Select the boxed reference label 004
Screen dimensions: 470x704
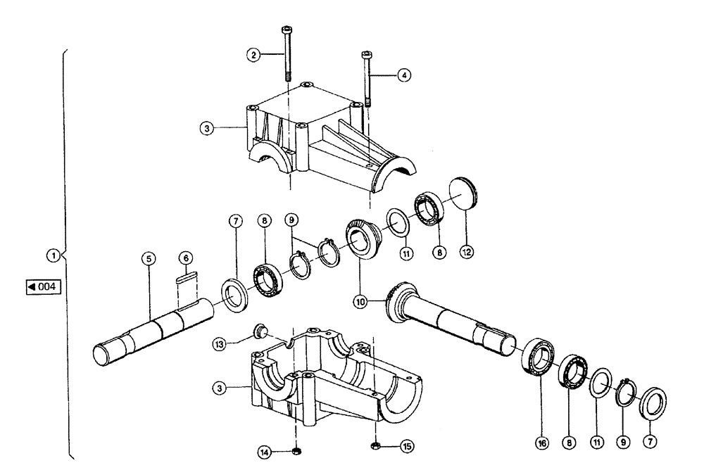coord(43,287)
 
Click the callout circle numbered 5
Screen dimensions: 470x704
coord(148,260)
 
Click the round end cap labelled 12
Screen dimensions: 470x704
coord(462,192)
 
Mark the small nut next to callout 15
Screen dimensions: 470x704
coord(376,445)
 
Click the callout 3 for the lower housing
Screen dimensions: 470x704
coord(222,387)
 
